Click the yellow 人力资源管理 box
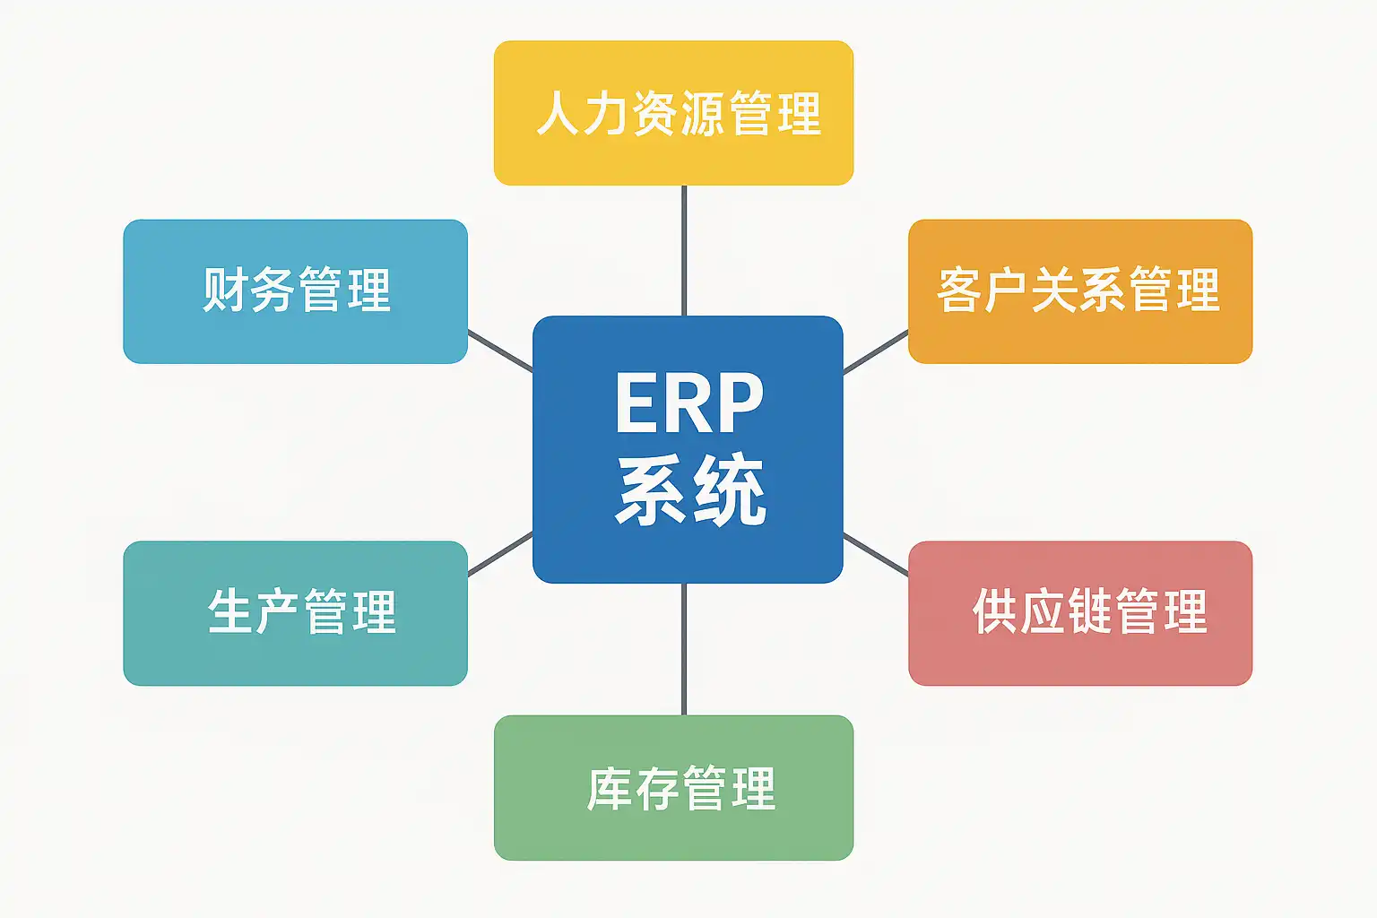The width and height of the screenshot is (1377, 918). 674,113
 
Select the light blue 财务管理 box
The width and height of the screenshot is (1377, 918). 296,291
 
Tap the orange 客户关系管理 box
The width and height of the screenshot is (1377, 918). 1080,291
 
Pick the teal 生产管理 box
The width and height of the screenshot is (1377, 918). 296,613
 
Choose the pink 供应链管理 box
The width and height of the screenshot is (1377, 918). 1080,613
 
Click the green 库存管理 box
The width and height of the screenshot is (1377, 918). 674,788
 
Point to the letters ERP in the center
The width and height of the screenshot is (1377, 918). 689,403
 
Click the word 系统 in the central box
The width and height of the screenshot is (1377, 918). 690,489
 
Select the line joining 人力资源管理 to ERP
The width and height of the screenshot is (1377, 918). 684,251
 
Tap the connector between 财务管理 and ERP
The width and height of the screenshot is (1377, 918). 500,351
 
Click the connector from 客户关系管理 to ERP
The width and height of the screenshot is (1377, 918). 875,352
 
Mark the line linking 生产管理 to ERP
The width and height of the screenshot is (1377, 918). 500,554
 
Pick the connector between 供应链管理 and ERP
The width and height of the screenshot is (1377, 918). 875,555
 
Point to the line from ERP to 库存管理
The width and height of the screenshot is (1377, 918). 684,649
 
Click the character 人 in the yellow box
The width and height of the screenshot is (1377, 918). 559,113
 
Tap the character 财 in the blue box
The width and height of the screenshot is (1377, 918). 225,289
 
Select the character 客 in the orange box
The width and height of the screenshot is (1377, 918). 959,289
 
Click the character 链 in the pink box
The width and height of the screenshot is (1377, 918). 1089,611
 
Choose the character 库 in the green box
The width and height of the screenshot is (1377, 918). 610,788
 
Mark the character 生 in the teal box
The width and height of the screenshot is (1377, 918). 229,611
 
